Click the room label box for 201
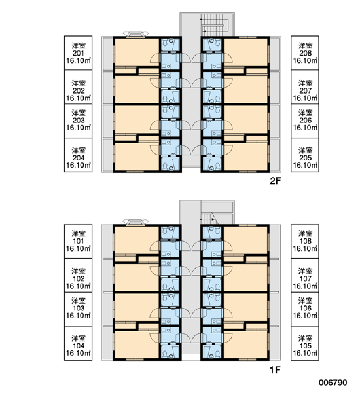(78, 53)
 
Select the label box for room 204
(78, 155)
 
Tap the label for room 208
(305, 53)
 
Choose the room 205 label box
(305, 155)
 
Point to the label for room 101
(78, 241)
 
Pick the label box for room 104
(78, 343)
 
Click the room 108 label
(305, 241)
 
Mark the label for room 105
(305, 343)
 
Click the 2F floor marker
(275, 181)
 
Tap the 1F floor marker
(275, 369)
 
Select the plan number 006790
(333, 383)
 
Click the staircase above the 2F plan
(214, 25)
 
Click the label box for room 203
(78, 121)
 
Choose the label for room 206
(305, 121)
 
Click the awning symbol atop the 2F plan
(135, 34)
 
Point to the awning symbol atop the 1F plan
(135, 222)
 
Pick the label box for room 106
(305, 309)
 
